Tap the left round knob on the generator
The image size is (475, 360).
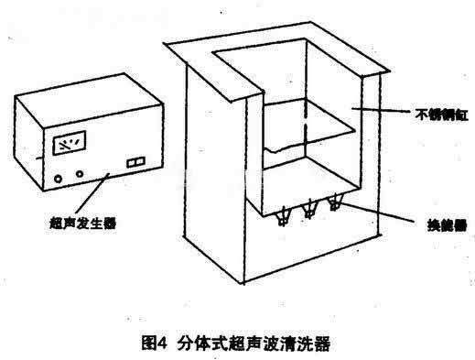[60, 174]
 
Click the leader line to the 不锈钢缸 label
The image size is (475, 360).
[380, 112]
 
